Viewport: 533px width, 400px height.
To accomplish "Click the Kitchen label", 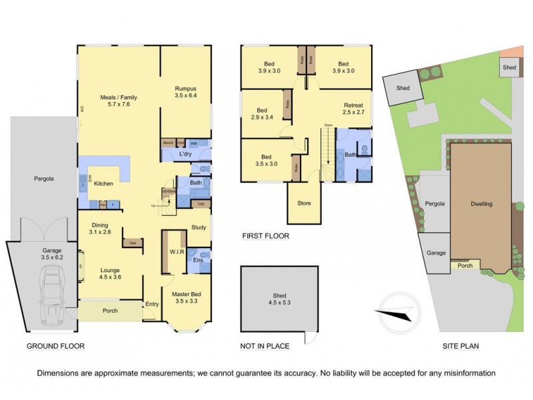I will [x=103, y=183].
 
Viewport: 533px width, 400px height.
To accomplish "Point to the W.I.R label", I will [x=177, y=251].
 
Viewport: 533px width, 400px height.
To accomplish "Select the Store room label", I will [x=303, y=203].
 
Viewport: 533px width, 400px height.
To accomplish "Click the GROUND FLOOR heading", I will [x=55, y=347].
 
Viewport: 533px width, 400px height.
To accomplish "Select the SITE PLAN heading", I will [x=462, y=347].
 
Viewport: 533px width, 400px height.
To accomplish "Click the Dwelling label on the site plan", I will [x=481, y=204].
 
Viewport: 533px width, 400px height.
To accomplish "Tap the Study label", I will [x=199, y=227].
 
